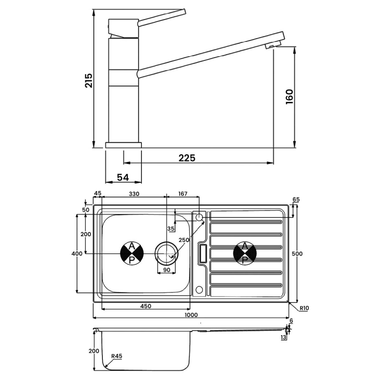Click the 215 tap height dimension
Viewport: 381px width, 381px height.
click(89, 80)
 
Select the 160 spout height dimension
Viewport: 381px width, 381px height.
click(290, 97)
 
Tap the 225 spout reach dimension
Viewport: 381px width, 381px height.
click(187, 158)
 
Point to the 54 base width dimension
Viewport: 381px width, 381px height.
click(123, 177)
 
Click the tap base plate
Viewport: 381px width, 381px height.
click(123, 145)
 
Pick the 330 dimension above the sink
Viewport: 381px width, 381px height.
click(134, 194)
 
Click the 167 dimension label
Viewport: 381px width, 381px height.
click(183, 194)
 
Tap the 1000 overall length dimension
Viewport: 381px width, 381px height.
click(191, 315)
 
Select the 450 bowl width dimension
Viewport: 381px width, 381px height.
click(146, 306)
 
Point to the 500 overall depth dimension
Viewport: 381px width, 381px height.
click(297, 254)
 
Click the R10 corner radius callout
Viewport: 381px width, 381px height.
click(304, 308)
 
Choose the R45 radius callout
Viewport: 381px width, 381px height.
click(117, 356)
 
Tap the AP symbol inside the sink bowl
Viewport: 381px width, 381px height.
click(132, 253)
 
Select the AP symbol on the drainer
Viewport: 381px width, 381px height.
click(245, 253)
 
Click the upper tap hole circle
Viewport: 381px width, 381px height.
click(199, 217)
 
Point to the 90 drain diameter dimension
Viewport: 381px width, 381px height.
click(167, 270)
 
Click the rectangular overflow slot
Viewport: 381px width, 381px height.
click(203, 253)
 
